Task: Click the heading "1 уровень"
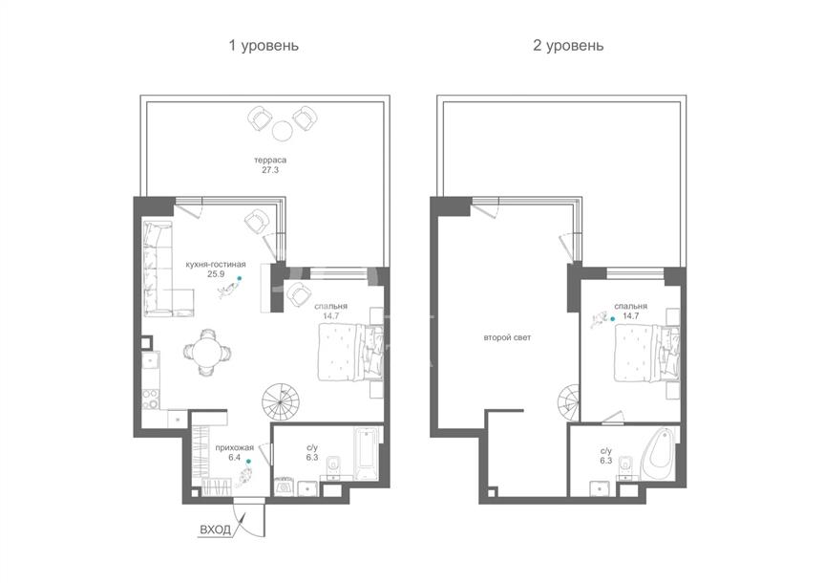click(264, 46)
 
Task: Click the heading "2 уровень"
click(568, 46)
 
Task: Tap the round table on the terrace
click(283, 129)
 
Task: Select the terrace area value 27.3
click(270, 170)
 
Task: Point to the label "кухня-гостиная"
click(216, 265)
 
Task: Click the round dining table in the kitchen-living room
click(206, 352)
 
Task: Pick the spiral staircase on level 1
click(281, 401)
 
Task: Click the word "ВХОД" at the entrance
click(215, 529)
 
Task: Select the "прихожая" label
click(234, 448)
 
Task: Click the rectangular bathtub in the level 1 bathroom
click(367, 454)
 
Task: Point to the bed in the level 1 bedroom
click(350, 352)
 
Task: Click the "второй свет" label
click(507, 337)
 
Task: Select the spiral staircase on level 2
click(569, 402)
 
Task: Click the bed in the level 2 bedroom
click(647, 352)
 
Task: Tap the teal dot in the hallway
click(248, 462)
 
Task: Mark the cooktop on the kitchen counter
click(151, 399)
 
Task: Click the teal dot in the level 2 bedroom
click(612, 319)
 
